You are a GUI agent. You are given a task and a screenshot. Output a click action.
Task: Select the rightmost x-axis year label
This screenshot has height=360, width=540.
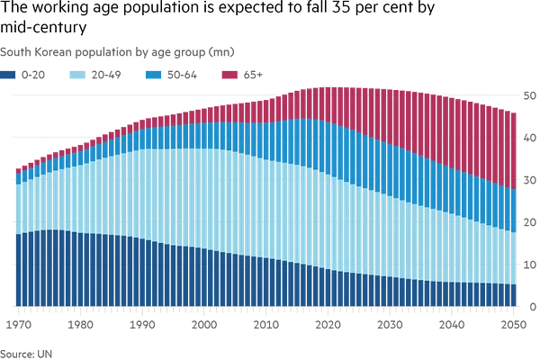click(x=511, y=319)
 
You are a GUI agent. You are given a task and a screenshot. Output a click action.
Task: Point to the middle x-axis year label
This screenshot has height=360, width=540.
click(x=267, y=319)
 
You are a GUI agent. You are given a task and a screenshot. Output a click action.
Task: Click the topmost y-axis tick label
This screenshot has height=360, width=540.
click(x=529, y=93)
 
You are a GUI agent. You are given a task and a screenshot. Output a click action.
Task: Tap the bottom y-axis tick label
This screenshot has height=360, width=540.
click(x=529, y=306)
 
